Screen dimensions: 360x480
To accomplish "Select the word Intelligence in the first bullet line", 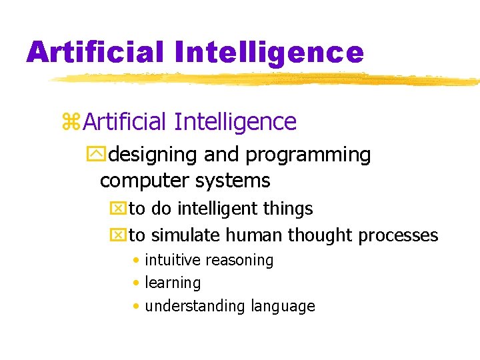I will (235, 122).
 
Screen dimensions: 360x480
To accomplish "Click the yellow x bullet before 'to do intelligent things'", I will (117, 209).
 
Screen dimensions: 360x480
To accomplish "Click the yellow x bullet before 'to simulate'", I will (117, 235).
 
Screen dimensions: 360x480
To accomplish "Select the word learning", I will (173, 283).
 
